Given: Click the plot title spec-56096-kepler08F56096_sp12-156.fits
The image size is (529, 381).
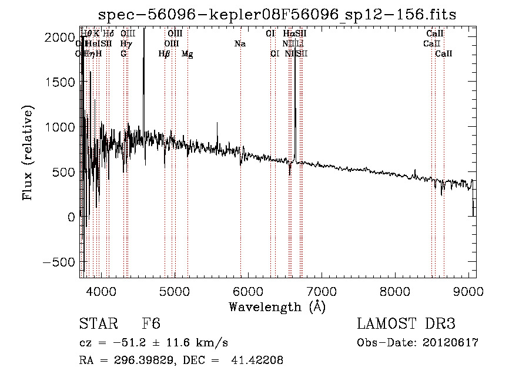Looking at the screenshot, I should pyautogui.click(x=277, y=14).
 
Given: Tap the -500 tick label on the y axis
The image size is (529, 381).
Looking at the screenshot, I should pyautogui.click(x=59, y=262).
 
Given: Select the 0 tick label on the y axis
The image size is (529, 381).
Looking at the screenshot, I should pyautogui.click(x=71, y=217).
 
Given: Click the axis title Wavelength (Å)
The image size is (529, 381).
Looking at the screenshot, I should pyautogui.click(x=277, y=306).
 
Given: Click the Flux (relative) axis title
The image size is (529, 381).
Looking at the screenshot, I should pyautogui.click(x=28, y=151).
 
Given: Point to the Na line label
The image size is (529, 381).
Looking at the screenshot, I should pyautogui.click(x=240, y=44).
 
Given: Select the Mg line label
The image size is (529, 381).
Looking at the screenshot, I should pyautogui.click(x=188, y=54).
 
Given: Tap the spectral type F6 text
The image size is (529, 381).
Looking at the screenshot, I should pyautogui.click(x=151, y=325).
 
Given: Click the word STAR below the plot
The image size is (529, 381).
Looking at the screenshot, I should pyautogui.click(x=98, y=325).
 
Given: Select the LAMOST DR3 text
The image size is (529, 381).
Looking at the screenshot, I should pyautogui.click(x=406, y=324).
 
